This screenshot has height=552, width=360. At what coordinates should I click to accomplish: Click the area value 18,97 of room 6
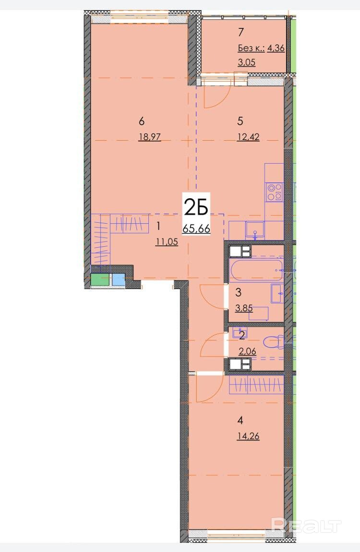(x=150, y=137)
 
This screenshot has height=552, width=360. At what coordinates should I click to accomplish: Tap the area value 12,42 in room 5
(x=249, y=137)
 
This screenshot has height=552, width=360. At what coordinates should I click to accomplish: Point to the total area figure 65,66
(x=196, y=228)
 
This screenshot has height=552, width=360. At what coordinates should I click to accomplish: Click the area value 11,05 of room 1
(x=167, y=241)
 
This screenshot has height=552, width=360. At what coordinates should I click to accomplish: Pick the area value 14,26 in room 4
(x=249, y=436)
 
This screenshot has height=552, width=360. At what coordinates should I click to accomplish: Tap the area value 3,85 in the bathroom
(x=244, y=308)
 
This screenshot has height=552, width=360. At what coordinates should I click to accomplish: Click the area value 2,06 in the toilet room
(x=247, y=351)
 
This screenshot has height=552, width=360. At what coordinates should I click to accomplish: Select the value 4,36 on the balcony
(x=276, y=48)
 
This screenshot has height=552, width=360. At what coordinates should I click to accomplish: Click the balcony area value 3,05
(x=247, y=62)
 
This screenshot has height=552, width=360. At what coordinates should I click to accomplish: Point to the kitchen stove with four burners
(x=275, y=192)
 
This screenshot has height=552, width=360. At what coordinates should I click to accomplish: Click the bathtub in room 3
(x=256, y=270)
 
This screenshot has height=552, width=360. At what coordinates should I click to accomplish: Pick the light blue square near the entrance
(x=119, y=279)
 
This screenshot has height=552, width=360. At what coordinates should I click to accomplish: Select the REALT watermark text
(x=306, y=525)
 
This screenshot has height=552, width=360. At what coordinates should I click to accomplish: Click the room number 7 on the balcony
(x=240, y=32)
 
